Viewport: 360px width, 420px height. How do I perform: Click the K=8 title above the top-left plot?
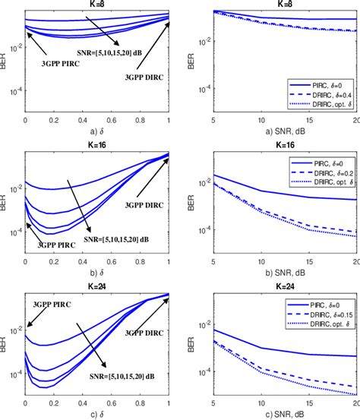click(96, 4)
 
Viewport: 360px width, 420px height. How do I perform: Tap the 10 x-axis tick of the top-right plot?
click(261, 121)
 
